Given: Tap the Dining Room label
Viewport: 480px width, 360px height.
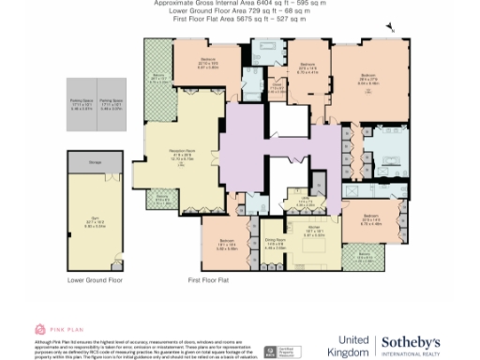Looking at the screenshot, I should pyautogui.click(x=274, y=245).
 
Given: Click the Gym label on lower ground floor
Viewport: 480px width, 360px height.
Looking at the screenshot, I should pyautogui.click(x=95, y=223).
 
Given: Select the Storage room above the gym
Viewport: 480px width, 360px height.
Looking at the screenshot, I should pyautogui.click(x=95, y=162).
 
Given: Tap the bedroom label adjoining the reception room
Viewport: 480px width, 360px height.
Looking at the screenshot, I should pyautogui.click(x=208, y=65).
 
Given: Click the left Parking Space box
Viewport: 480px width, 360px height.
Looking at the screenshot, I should pyautogui.click(x=82, y=103).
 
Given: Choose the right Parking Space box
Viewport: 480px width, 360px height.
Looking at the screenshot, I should pyautogui.click(x=111, y=103).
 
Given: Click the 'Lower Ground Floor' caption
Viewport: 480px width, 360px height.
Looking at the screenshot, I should pyautogui.click(x=95, y=280).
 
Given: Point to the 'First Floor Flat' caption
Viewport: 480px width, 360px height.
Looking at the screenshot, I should pyautogui.click(x=208, y=280).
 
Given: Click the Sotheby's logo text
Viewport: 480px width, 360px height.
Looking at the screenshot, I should pyautogui.click(x=410, y=342).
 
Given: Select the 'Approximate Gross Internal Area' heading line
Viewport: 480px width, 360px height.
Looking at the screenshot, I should pyautogui.click(x=241, y=4).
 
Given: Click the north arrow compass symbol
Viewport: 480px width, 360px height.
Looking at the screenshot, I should pyautogui.click(x=392, y=29).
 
